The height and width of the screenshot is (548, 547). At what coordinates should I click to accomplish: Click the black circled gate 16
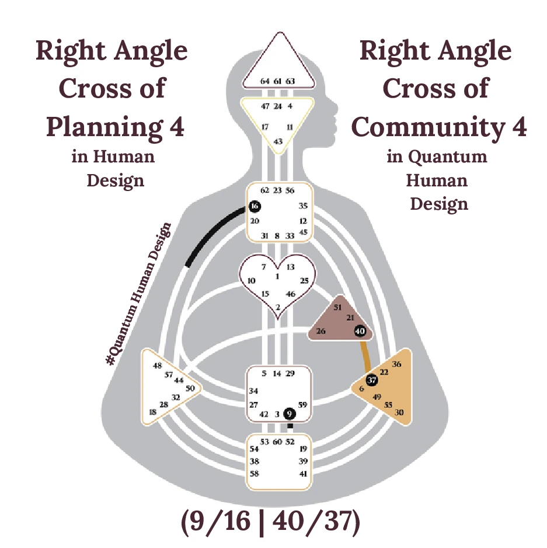pos(254,206)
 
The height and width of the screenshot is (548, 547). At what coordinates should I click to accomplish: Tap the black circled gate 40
pos(360,331)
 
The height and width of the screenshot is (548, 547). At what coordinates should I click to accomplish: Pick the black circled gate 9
pos(290,414)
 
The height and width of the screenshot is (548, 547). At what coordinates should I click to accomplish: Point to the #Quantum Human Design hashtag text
pos(139,294)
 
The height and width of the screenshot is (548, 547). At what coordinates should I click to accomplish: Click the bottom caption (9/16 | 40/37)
pos(269,524)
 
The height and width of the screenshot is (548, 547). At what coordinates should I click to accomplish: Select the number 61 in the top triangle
pos(278,81)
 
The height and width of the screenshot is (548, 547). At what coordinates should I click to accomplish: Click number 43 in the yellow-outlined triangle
pos(278,141)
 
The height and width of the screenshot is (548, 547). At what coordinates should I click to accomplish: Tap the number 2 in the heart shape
pos(278,307)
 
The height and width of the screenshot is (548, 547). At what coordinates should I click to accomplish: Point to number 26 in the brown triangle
pos(320,331)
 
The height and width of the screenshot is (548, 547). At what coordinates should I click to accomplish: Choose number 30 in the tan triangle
pos(399,412)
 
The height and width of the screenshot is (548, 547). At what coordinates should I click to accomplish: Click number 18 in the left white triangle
pos(153,412)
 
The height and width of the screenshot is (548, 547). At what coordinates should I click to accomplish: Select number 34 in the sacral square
pos(253,391)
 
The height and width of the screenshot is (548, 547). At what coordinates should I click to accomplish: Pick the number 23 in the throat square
pos(278,190)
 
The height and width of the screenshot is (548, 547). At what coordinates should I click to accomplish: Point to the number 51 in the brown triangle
pos(337,307)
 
